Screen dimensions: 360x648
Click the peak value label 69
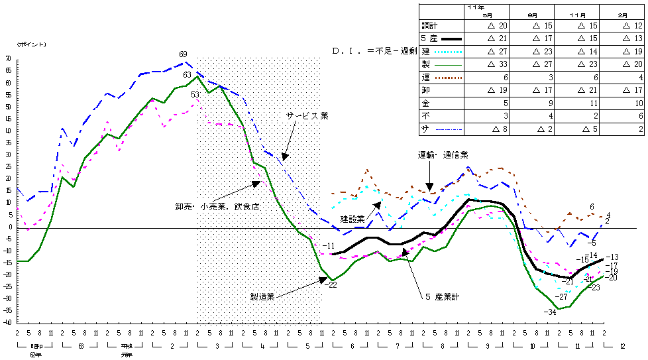(184, 54)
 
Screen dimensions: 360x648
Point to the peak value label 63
(188, 75)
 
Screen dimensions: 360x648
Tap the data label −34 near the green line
(549, 312)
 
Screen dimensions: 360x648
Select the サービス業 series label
(307, 115)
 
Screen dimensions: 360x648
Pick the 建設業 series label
(352, 217)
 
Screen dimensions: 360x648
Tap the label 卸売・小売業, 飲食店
(213, 206)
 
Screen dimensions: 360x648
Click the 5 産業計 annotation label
(442, 296)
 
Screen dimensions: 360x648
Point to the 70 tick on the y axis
(9, 59)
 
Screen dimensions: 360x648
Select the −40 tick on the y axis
(7, 322)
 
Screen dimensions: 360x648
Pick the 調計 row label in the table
(430, 25)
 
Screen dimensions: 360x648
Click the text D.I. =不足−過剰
(374, 50)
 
